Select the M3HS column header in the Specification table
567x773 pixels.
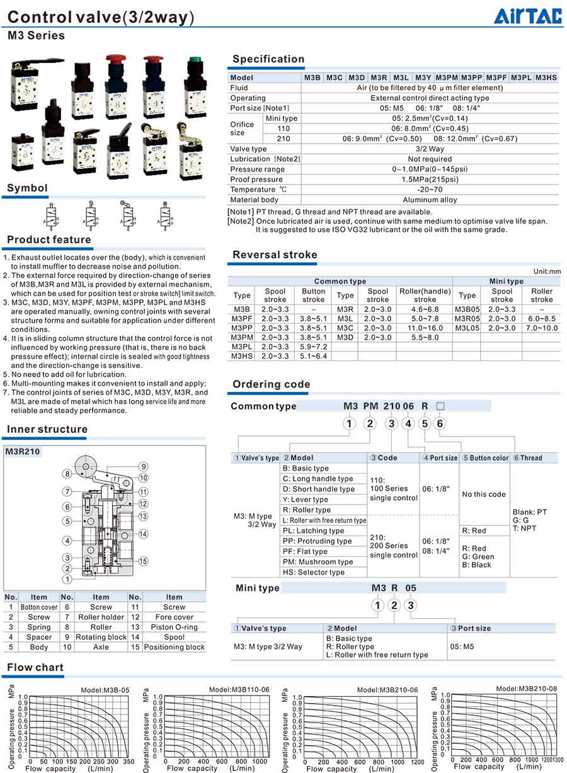546,77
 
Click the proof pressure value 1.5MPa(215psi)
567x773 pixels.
430,180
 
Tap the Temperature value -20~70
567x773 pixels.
430,190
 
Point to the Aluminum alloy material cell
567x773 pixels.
430,200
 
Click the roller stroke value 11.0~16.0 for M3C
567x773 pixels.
425,328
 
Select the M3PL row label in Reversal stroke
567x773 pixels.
242,346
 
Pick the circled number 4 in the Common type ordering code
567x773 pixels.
408,423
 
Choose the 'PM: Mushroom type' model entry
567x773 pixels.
318,562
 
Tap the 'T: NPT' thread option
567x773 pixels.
524,529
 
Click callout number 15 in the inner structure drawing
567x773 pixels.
144,561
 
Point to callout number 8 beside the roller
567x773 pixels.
66,474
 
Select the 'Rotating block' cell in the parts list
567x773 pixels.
101,637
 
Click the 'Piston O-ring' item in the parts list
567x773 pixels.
174,627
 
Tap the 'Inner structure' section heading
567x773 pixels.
47,430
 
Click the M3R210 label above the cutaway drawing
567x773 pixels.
23,452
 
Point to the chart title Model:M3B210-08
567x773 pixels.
526,688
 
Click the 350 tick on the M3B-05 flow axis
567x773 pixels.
128,762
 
